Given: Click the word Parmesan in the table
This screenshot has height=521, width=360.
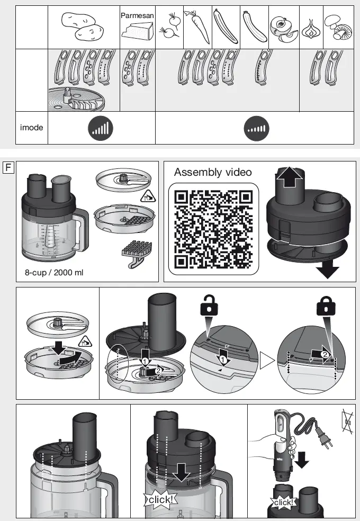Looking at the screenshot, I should tap(137, 16).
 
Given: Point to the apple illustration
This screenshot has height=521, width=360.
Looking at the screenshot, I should tap(283, 29).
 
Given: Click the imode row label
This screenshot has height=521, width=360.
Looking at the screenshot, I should tap(31, 128).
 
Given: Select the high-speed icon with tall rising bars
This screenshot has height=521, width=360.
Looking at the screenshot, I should tap(101, 128).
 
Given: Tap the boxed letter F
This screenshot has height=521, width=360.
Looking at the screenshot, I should tap(8, 168).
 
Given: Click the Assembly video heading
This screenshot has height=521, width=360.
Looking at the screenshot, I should tap(213, 173).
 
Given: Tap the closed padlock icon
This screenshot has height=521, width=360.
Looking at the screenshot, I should tap(326, 307).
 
